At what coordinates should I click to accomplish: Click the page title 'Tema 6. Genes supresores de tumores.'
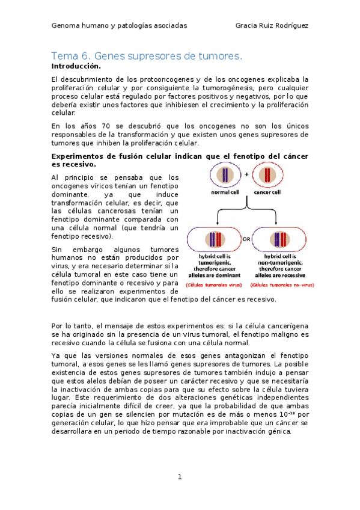coord(147,56)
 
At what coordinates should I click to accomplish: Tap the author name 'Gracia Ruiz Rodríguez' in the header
coord(272,26)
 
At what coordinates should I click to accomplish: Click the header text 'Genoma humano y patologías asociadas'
coord(119,26)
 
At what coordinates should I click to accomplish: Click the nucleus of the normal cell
coord(225,176)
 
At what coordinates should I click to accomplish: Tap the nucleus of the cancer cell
coord(266,176)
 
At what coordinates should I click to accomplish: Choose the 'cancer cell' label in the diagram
coord(266,193)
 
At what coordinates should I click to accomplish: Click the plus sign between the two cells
coord(246,174)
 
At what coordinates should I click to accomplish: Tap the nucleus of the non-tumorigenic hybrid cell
coord(277,239)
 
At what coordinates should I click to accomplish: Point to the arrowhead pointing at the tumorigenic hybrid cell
coord(215,224)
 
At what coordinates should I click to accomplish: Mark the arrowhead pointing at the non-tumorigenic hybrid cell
coord(277,224)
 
